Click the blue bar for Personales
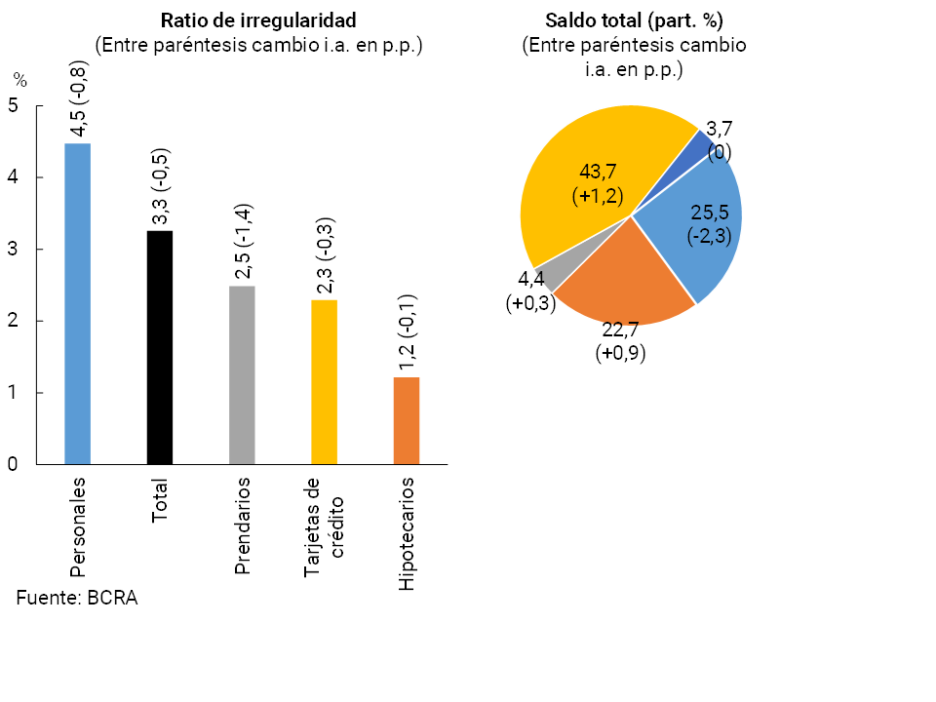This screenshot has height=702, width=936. point(77,303)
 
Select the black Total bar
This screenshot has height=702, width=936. point(160,347)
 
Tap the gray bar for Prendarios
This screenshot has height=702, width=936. point(242,374)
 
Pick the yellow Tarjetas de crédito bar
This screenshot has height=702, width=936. point(324,381)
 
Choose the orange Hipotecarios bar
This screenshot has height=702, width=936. point(407,420)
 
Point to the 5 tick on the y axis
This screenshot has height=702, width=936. point(13,106)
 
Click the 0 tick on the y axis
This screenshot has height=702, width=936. point(13,465)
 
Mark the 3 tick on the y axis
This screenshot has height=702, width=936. point(13,250)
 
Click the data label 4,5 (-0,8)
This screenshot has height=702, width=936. point(79,100)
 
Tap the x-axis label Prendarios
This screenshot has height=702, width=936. point(243,526)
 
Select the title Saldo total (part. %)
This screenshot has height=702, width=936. point(634,20)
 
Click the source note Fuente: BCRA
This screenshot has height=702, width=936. point(77,599)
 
